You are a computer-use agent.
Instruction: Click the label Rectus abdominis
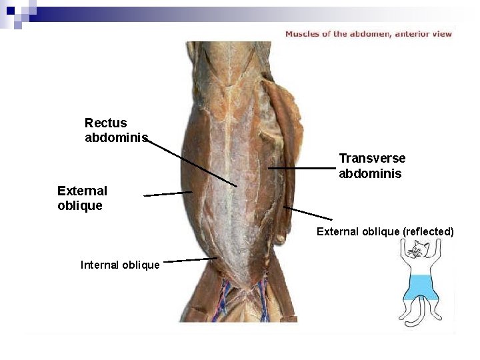(106, 130)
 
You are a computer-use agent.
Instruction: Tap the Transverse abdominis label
(371, 166)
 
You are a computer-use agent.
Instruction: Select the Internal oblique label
(120, 265)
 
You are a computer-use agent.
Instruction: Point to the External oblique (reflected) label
(385, 231)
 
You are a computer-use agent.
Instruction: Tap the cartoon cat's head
(418, 251)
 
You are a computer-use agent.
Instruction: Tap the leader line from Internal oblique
(190, 260)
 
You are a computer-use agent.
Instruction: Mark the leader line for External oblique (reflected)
(308, 213)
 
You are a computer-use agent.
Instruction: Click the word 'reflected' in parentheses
(427, 231)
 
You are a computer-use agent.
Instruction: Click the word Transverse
(372, 158)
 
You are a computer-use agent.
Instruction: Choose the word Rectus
(105, 123)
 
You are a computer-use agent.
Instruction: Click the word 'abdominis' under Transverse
(370, 174)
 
